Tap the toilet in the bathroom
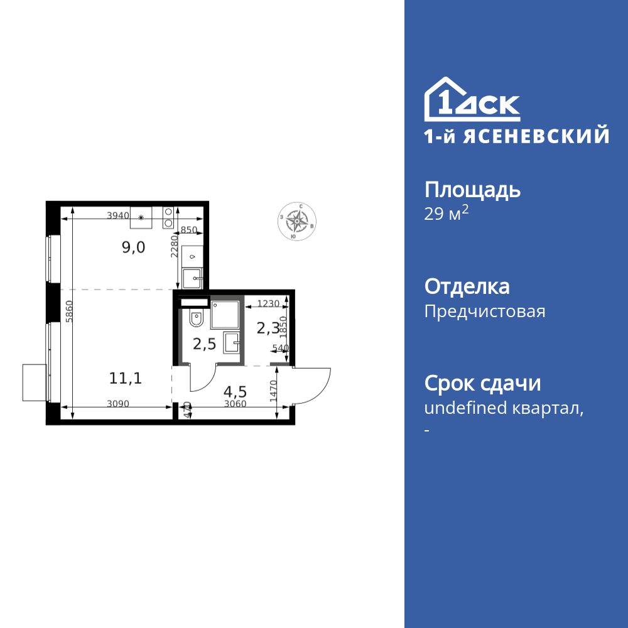click(196, 320)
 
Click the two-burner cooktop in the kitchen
click(168, 217)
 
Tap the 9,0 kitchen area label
click(133, 247)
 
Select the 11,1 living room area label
click(125, 378)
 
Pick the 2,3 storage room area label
click(268, 328)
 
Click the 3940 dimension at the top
click(117, 215)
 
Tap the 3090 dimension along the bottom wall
click(117, 404)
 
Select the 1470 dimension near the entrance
click(273, 392)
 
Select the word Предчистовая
click(485, 311)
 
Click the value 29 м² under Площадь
click(447, 214)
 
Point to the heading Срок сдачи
click(482, 382)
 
